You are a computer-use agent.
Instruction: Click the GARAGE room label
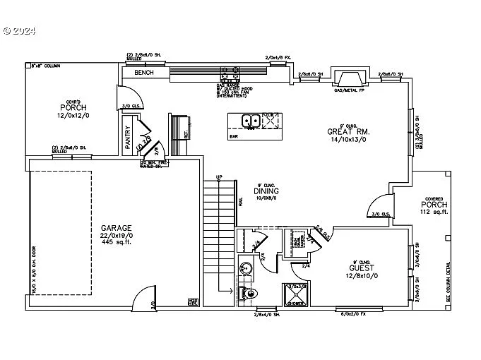coord(116,228)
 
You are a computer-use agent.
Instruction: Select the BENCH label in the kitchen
coord(144,72)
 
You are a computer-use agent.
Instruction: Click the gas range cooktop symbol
coord(230,72)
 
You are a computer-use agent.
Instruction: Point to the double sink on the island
coord(250,121)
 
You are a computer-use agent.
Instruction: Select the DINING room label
coord(266,191)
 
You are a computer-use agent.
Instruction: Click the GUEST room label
coord(362,268)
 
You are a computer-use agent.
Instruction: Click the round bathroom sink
coord(245,268)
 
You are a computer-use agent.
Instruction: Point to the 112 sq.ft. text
coord(434,212)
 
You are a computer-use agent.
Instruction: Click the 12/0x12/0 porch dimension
coord(72,115)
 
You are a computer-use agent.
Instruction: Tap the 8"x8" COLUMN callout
coord(44,65)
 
